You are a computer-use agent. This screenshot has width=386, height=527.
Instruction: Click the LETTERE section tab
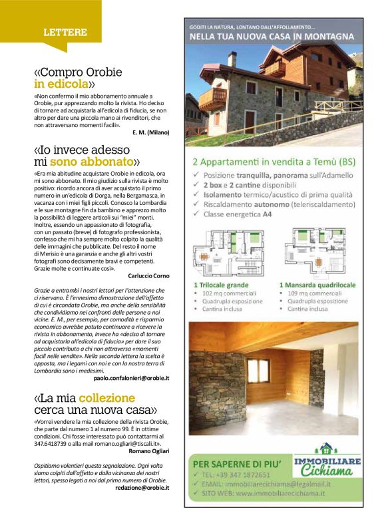point(65,32)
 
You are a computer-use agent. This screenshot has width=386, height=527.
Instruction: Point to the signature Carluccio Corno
point(146,275)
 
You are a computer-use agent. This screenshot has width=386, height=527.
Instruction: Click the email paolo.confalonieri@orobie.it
point(131,377)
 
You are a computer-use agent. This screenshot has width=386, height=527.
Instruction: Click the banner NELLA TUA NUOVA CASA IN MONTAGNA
point(272,36)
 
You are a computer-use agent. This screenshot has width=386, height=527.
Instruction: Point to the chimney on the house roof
point(232,59)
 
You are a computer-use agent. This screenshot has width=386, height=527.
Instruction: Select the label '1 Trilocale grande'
point(221,284)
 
